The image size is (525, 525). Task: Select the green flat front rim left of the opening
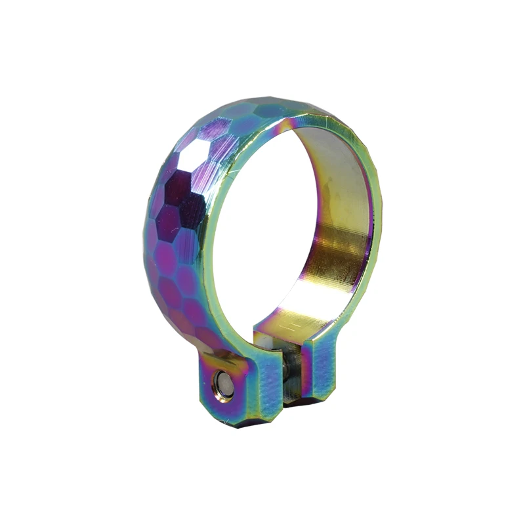pos(209,249)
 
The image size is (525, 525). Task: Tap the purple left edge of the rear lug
pos(304,367)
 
